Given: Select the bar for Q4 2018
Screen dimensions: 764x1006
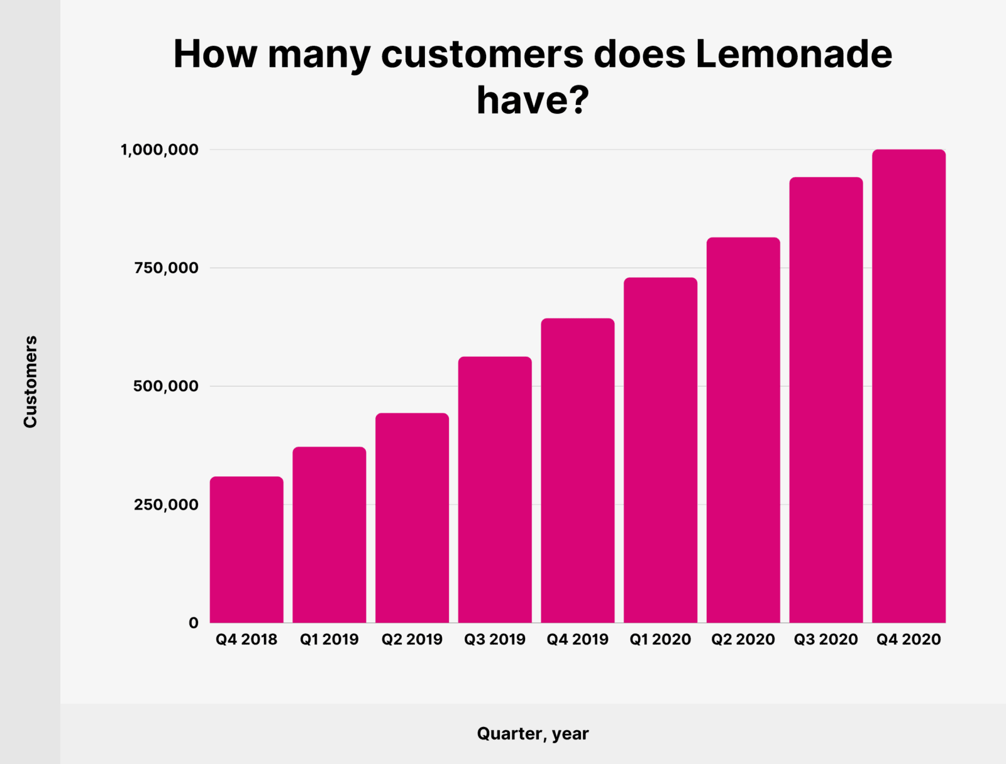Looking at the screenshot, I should tap(246, 550).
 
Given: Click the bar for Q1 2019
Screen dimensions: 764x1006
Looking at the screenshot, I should tap(329, 535).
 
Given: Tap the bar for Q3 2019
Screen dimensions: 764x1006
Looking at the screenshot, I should tap(495, 489).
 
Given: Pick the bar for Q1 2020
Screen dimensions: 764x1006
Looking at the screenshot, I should tap(660, 450).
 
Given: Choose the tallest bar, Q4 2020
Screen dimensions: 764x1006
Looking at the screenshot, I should tap(909, 386).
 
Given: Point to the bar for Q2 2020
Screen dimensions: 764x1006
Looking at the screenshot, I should tap(743, 430).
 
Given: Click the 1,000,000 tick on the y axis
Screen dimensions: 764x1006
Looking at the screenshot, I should tap(160, 150).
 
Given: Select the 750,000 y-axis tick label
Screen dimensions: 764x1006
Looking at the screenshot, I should tap(166, 268).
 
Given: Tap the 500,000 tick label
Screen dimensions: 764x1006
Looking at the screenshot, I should tap(166, 386).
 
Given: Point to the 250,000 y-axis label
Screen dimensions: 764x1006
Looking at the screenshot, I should tap(166, 505).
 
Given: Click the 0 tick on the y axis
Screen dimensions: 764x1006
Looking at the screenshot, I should tap(193, 623).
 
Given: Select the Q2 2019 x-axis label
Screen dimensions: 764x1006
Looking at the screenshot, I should tap(412, 640).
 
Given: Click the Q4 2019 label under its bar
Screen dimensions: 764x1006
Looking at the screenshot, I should tap(577, 640).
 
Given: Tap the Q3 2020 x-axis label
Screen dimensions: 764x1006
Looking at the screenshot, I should tap(826, 640).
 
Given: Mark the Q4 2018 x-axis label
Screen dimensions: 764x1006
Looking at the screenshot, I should tap(246, 640).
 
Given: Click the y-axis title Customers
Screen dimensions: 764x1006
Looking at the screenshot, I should tap(30, 381).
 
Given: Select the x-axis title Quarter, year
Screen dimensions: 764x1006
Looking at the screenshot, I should tap(533, 733).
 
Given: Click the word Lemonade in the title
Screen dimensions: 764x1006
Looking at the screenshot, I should tap(793, 54).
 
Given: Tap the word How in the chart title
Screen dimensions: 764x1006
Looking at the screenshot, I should tap(215, 54).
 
